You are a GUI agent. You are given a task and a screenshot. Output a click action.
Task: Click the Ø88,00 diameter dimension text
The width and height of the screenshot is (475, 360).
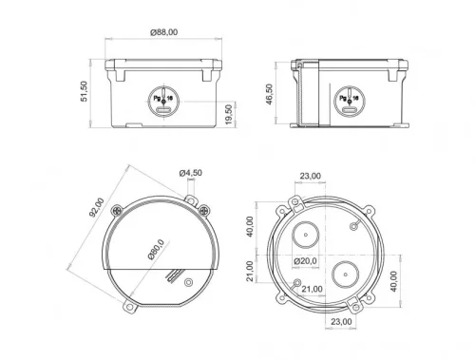pos(163,32)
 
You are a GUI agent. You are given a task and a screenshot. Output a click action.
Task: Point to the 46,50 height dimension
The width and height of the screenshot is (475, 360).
pos(269,94)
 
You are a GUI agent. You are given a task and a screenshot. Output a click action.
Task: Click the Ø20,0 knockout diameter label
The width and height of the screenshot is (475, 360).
pos(305,260)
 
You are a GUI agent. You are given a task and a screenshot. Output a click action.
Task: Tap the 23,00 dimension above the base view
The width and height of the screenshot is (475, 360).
pos(309,175)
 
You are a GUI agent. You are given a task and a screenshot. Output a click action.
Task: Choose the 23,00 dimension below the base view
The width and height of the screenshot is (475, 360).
pos(343,322)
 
